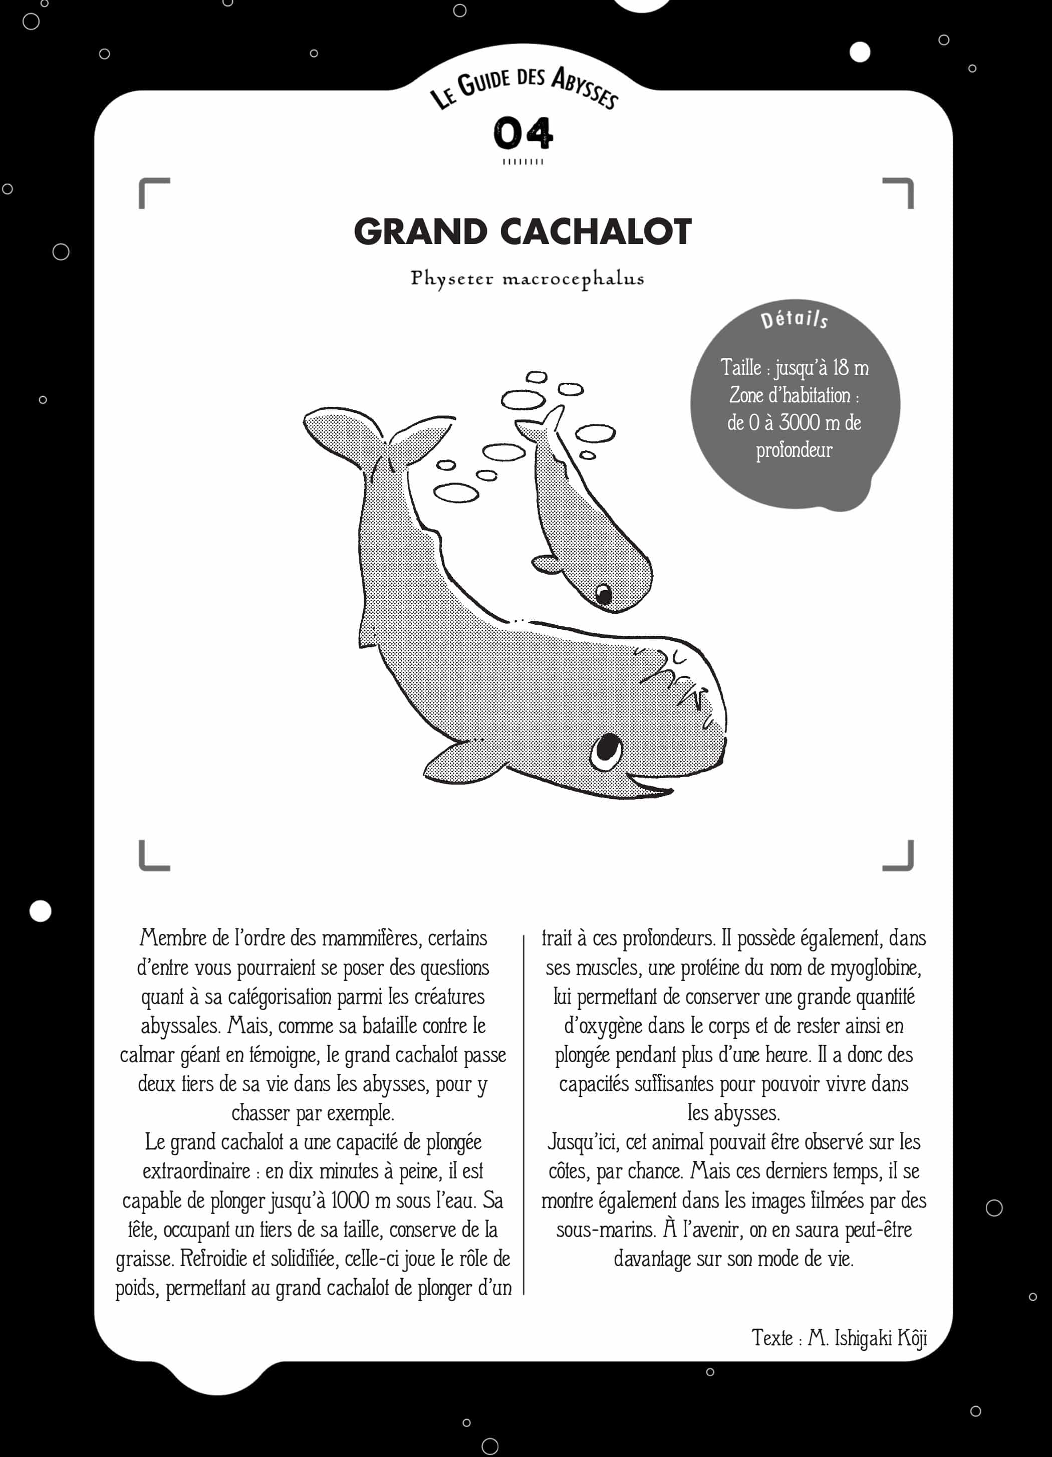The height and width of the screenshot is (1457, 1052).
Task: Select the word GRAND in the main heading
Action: (x=421, y=232)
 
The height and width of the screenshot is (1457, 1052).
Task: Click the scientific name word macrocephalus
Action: (x=573, y=279)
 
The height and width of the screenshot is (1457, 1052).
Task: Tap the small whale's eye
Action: (x=604, y=594)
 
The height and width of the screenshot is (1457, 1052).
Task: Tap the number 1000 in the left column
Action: (x=350, y=1200)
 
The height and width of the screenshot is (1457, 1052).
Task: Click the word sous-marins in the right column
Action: (x=606, y=1230)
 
